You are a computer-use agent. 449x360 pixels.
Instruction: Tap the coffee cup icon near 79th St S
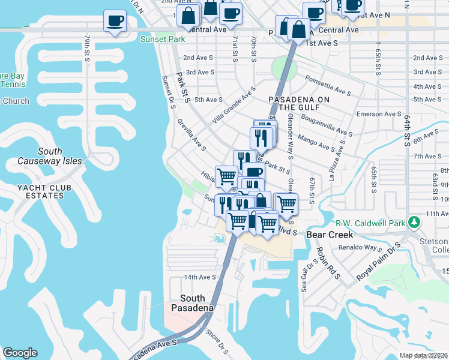(115, 22)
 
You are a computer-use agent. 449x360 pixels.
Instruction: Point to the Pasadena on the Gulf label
(299, 103)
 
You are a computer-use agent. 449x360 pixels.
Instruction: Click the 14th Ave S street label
(199, 277)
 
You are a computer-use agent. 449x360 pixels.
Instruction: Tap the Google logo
(20, 353)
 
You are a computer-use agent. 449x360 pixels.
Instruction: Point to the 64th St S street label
(406, 132)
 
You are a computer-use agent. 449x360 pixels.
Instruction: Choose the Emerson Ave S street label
(378, 114)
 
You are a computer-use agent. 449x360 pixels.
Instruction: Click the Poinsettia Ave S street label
(328, 85)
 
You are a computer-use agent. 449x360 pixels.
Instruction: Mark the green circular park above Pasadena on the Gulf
(280, 67)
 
